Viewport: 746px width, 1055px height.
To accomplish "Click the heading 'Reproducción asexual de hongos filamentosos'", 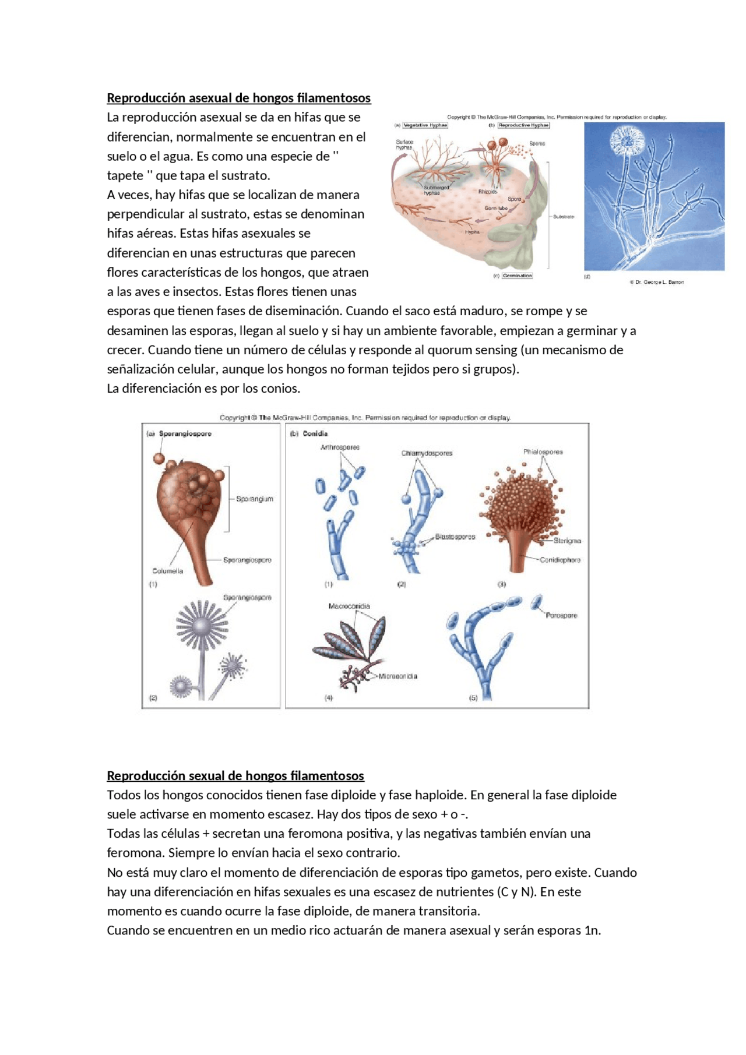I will pyautogui.click(x=238, y=98).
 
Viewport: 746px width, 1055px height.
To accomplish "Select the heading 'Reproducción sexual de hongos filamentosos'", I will pyautogui.click(x=235, y=775).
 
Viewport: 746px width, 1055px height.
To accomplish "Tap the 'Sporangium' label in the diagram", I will pyautogui.click(x=254, y=499).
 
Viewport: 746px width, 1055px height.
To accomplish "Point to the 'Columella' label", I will pyautogui.click(x=167, y=571).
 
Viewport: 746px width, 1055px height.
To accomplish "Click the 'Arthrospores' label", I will pyautogui.click(x=340, y=447).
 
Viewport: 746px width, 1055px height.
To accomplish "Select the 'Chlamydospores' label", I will pyautogui.click(x=427, y=453).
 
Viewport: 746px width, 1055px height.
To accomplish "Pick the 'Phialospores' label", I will pyautogui.click(x=543, y=451).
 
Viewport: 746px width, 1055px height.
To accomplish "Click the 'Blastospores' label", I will pyautogui.click(x=455, y=537).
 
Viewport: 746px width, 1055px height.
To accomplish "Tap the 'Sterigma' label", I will pyautogui.click(x=567, y=541).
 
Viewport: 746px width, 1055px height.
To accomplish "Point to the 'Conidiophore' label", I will pyautogui.click(x=559, y=560).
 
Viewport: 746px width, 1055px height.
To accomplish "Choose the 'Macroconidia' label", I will pyautogui.click(x=349, y=606).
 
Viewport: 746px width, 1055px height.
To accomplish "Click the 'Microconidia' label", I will pyautogui.click(x=397, y=676).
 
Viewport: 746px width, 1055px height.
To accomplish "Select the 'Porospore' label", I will pyautogui.click(x=561, y=615).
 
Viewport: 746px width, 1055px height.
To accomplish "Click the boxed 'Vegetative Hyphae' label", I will pyautogui.click(x=425, y=125).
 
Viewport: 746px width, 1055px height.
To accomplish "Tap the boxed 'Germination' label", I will pyautogui.click(x=517, y=276).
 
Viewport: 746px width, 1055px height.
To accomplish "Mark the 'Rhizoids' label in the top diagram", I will pyautogui.click(x=487, y=192).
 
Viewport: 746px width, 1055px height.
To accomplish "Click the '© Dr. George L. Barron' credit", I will pyautogui.click(x=657, y=282).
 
